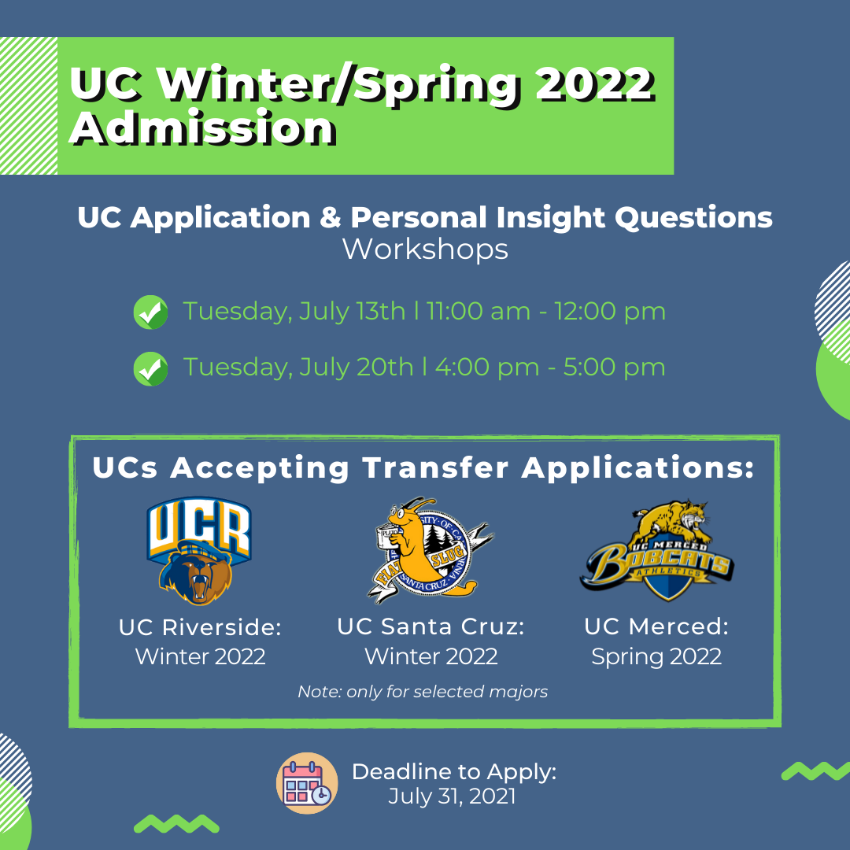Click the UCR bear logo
click(199, 551)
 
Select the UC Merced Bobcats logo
click(656, 549)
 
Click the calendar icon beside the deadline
click(307, 783)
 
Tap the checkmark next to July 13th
click(150, 312)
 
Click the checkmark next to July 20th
click(150, 368)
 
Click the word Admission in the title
click(203, 128)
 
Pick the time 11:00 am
click(479, 311)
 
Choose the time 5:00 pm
click(614, 368)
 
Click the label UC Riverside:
click(200, 627)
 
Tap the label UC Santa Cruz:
click(431, 626)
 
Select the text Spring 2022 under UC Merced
click(656, 657)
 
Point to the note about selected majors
click(423, 692)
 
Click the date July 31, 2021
click(452, 796)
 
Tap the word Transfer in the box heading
click(436, 468)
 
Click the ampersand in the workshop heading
click(330, 217)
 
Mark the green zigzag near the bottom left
click(177, 823)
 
